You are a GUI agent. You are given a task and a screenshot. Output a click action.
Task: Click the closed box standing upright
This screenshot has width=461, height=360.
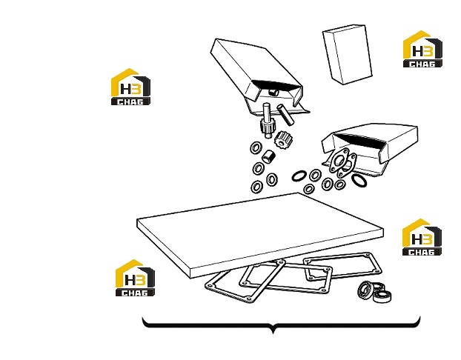pos(348,54)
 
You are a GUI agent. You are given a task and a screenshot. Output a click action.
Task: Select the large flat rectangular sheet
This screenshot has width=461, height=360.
pos(260,235)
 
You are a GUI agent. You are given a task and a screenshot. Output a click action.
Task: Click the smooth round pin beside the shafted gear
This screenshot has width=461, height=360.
pos(285,115)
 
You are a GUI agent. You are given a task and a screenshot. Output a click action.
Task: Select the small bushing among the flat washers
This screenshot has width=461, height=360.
pos(268,156)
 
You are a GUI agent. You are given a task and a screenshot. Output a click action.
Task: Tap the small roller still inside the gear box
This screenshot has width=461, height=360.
pos(274,92)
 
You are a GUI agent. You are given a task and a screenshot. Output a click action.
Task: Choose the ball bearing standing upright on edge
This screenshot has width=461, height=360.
pos(365,290)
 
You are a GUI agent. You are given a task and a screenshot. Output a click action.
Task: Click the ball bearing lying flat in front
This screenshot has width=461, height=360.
pos(382,296)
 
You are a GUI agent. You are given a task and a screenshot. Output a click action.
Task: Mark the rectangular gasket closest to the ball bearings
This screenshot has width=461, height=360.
pos(342,265)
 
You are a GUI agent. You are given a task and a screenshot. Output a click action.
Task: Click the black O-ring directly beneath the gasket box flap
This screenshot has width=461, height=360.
pos(359,180)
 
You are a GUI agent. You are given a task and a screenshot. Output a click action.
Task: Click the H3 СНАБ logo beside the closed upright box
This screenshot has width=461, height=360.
pos(422,49)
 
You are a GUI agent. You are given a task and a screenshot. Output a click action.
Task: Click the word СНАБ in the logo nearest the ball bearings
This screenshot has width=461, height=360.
pos(422,252)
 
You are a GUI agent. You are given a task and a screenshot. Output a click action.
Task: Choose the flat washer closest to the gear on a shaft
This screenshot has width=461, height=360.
pos(256,148)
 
